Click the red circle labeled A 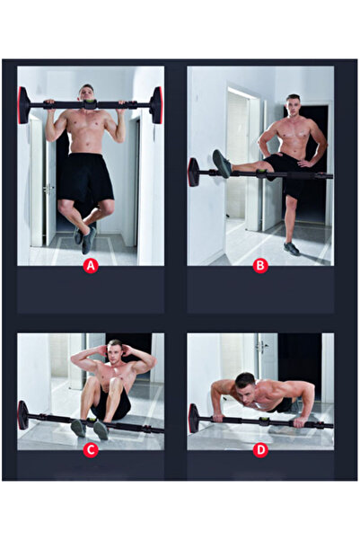(x=90, y=265)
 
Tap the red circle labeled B (x=260, y=265)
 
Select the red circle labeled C (x=90, y=449)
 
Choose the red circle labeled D (x=260, y=449)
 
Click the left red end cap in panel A (x=23, y=105)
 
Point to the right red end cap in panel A (x=157, y=105)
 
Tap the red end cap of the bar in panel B (x=193, y=172)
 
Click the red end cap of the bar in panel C (x=23, y=415)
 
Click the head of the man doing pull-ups (x=87, y=93)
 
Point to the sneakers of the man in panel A (x=85, y=236)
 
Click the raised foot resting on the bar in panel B (x=222, y=164)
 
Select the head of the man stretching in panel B (x=293, y=103)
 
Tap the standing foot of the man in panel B (x=291, y=248)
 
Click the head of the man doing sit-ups (x=114, y=350)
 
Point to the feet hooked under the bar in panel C (x=90, y=428)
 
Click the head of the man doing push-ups (x=244, y=382)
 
